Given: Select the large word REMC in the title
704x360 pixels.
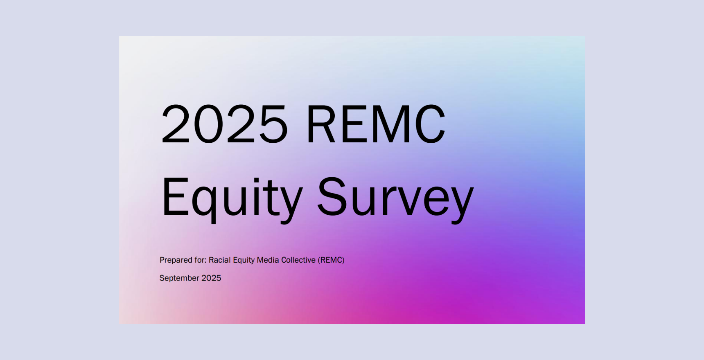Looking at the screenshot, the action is click(376, 124).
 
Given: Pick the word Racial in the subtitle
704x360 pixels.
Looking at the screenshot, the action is click(220, 260).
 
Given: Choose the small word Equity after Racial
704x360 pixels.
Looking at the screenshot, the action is click(244, 260).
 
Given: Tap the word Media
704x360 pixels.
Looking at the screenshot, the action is click(268, 260).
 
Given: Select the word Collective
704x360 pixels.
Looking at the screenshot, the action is click(298, 260).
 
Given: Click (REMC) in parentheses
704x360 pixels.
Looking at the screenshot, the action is click(331, 260).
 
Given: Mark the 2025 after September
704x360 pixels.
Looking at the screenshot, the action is click(211, 278).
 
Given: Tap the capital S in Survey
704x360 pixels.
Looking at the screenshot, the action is click(332, 196).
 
